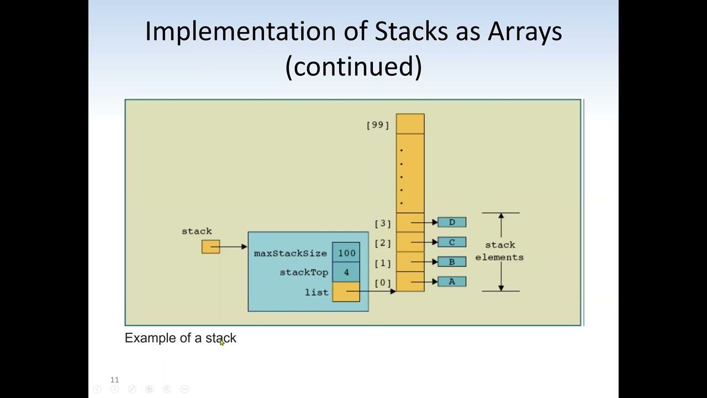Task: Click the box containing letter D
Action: (452, 222)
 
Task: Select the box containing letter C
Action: (452, 242)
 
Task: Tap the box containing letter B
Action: (452, 262)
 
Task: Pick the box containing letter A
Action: (452, 282)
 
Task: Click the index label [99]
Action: (378, 125)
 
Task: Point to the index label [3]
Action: (383, 223)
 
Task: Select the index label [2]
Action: (383, 243)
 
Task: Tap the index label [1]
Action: (383, 263)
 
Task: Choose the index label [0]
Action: (383, 283)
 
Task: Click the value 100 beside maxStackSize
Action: (346, 253)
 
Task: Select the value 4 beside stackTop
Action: (346, 272)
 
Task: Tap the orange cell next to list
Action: (346, 292)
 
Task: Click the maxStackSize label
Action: (290, 253)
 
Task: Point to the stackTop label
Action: (304, 273)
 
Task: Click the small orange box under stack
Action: (210, 247)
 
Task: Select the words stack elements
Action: (499, 251)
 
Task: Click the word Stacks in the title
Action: (411, 31)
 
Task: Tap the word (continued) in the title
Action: (353, 66)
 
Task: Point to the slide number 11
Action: (114, 380)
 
